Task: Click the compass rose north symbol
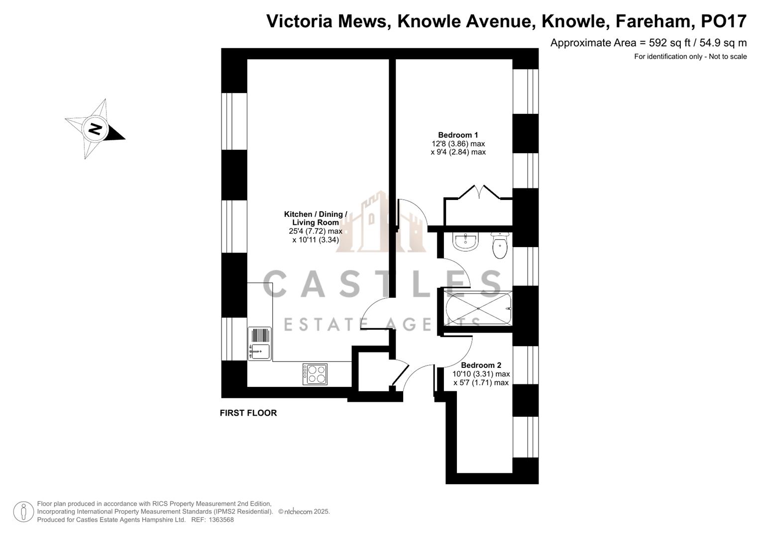coord(95,129)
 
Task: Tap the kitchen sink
coord(259,344)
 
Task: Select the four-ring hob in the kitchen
coord(315,374)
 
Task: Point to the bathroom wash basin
coord(466,242)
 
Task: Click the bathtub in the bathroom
coord(478,309)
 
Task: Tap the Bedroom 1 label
coord(458,135)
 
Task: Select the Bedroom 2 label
coord(481,365)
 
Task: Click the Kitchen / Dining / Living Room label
coord(316,218)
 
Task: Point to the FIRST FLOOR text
coord(248,413)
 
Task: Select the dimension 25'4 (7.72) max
coord(316,231)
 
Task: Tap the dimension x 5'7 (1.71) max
coord(481,382)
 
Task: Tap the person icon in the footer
coord(23,512)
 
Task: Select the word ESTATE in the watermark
coord(319,324)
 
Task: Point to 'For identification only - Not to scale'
coord(690,57)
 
